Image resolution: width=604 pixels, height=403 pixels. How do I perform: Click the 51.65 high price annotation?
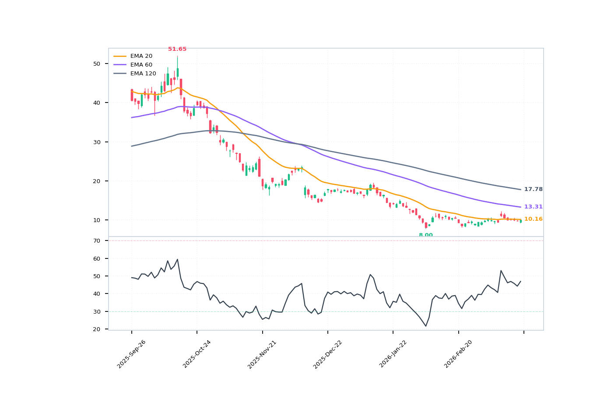[177, 49]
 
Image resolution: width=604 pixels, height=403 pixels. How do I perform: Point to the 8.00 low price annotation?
[425, 235]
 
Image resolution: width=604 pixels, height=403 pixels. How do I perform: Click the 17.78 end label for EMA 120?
[533, 189]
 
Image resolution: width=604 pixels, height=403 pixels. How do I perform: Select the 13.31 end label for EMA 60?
[533, 207]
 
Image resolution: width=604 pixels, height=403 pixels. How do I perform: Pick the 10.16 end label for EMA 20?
[533, 219]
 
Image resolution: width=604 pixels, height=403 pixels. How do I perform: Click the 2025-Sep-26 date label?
[131, 354]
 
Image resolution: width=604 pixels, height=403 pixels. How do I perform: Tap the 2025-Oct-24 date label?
[197, 354]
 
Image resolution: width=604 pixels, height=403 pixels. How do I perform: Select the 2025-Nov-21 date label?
[262, 354]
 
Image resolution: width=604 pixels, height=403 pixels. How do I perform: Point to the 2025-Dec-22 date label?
[328, 354]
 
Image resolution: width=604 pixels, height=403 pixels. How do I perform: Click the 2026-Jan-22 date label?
[393, 354]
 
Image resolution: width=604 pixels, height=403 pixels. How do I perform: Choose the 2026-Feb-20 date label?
[458, 354]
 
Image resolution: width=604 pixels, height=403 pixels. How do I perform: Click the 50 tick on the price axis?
[97, 64]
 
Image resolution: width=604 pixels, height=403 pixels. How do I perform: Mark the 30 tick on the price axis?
[97, 142]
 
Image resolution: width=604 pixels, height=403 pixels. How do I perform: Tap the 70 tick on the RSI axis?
[97, 241]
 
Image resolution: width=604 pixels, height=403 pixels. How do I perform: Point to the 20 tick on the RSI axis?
[97, 329]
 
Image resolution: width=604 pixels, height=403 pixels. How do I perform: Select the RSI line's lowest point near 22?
[425, 326]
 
